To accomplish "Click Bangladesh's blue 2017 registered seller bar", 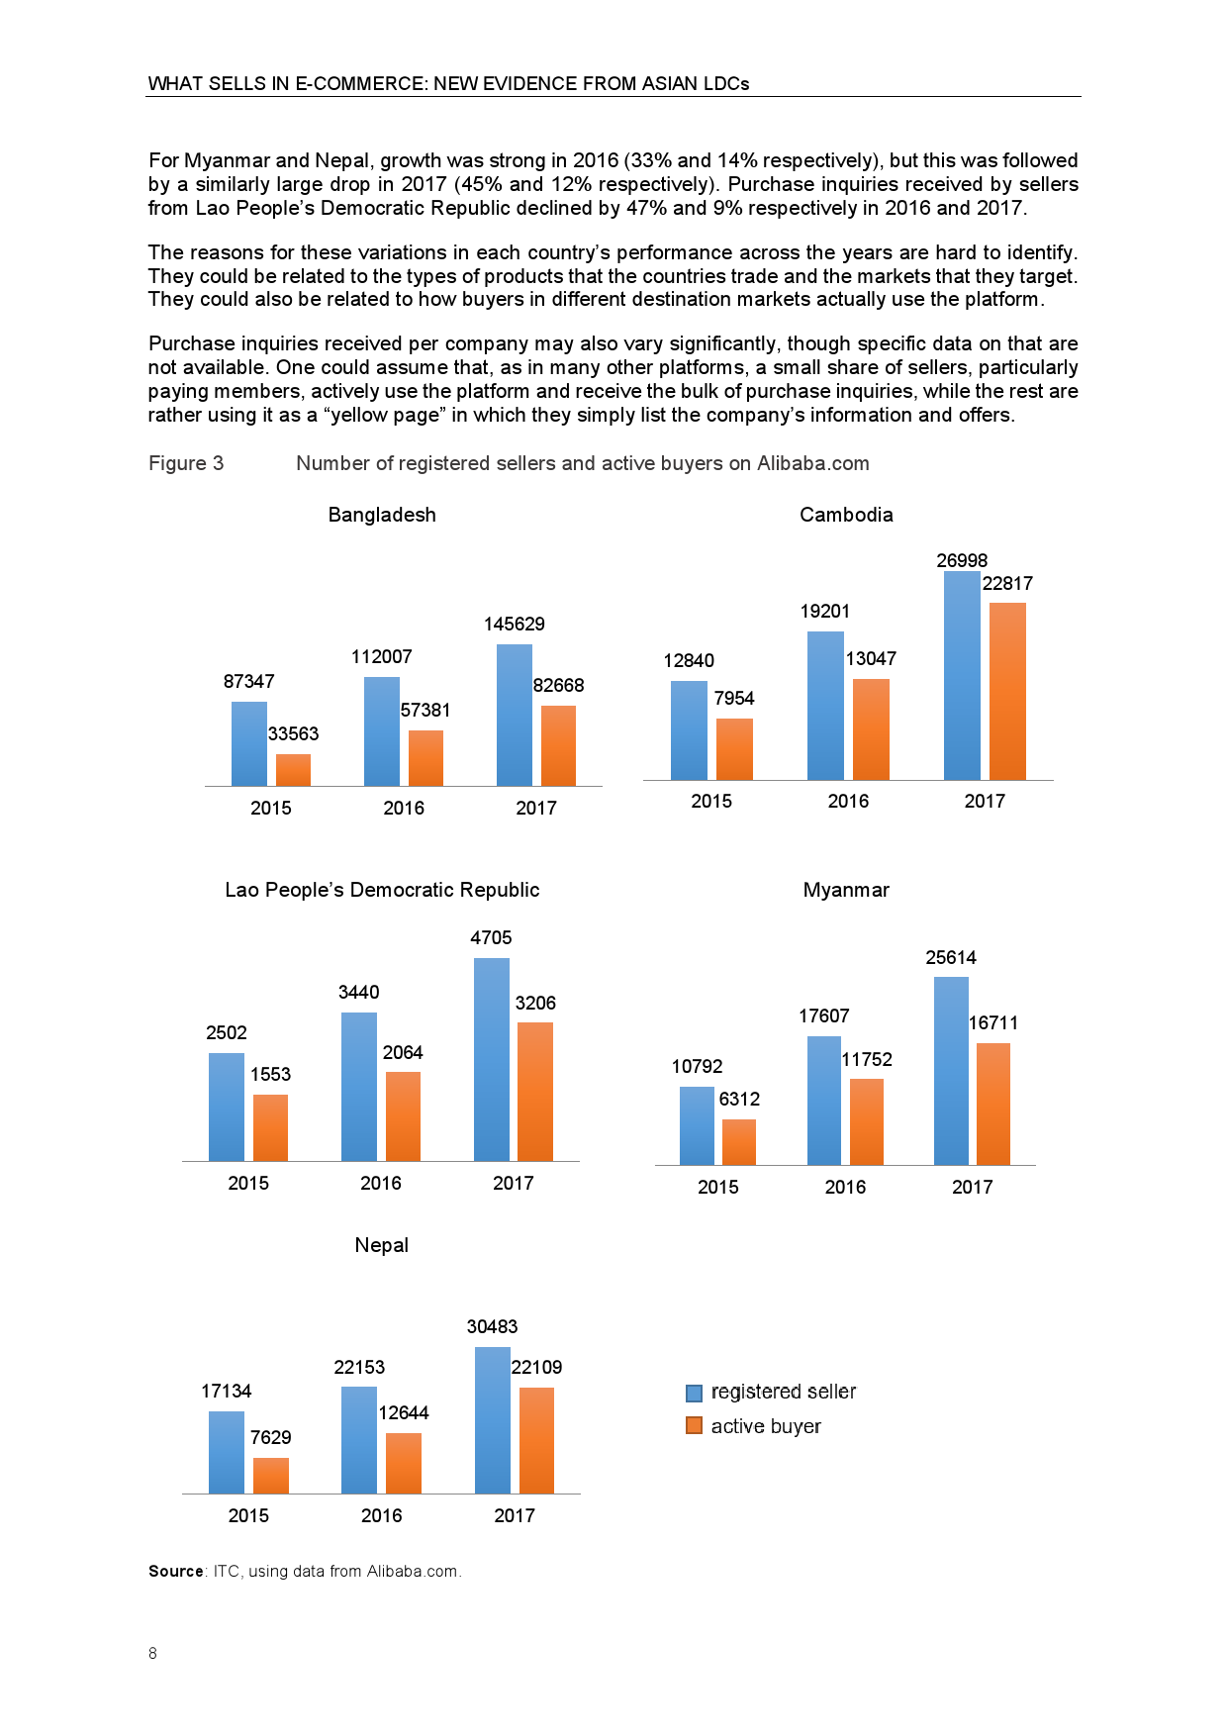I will click(x=514, y=715).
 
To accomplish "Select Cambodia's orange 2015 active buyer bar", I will click(x=734, y=749).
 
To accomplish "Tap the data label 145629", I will click(x=514, y=624).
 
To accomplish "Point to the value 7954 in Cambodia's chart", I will click(x=734, y=698).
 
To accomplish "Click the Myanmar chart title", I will click(x=846, y=890).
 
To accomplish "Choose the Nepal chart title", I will click(x=381, y=1245).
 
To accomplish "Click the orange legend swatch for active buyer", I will click(x=694, y=1425).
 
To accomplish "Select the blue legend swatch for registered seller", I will click(x=694, y=1393).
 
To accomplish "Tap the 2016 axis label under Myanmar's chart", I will click(x=845, y=1187).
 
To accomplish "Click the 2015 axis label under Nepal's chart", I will click(x=248, y=1515).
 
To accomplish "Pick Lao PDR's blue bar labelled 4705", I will click(x=492, y=1059).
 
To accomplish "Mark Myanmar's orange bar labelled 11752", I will click(x=867, y=1121).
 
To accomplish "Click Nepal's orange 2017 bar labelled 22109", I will click(x=536, y=1440).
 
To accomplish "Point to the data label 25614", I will click(x=951, y=957).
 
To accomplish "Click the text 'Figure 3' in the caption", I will click(x=186, y=463).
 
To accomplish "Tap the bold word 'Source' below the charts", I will click(x=176, y=1571).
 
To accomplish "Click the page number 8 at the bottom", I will click(x=152, y=1653).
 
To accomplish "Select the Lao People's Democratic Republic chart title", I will click(x=382, y=890).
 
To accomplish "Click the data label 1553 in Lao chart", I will click(x=270, y=1074).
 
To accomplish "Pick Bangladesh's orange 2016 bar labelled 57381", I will click(x=425, y=758).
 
